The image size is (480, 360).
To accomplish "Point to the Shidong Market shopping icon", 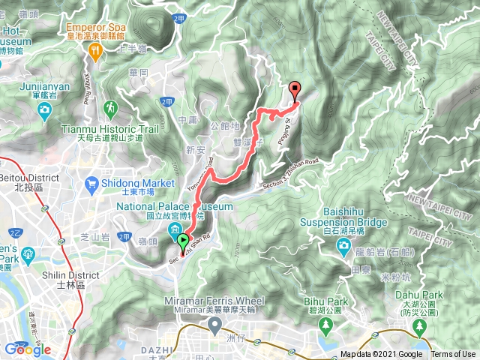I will pos(92,182).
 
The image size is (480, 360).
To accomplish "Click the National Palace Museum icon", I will pos(175,229).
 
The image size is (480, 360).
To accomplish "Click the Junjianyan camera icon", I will pos(44,109).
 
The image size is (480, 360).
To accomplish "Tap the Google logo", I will pos(27,349).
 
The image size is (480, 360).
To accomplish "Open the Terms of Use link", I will pos(452,354).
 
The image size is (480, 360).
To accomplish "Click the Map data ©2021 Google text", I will pos(381,354).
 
